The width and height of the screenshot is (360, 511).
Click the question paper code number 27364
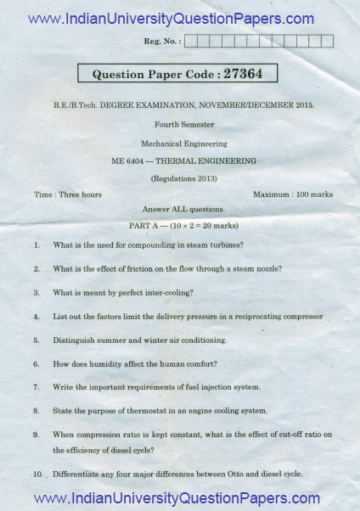[x=243, y=74]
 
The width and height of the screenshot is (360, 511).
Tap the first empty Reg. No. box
[x=190, y=41]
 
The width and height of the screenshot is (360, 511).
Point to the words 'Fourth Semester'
[x=179, y=126]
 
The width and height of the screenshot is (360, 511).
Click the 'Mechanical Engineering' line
[x=179, y=143]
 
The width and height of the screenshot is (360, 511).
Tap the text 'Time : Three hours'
[x=68, y=194]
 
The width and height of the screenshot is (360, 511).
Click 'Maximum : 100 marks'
[x=293, y=194]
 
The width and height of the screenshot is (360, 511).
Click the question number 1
[x=37, y=245]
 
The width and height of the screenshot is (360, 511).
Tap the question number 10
[x=38, y=474]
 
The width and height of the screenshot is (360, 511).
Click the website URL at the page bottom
[x=176, y=498]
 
